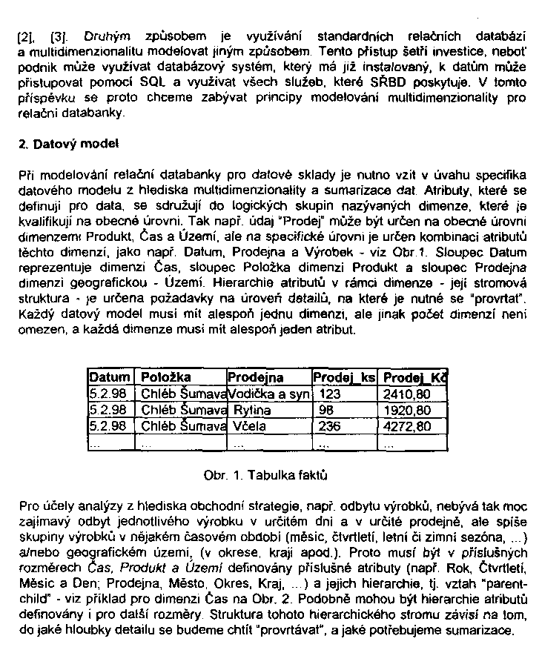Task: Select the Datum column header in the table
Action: (x=110, y=377)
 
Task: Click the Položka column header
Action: (x=165, y=377)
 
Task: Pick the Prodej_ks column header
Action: (x=344, y=377)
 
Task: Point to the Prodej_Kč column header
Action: (x=413, y=377)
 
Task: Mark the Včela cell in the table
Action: (x=248, y=426)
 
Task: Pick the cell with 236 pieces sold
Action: (x=329, y=426)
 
